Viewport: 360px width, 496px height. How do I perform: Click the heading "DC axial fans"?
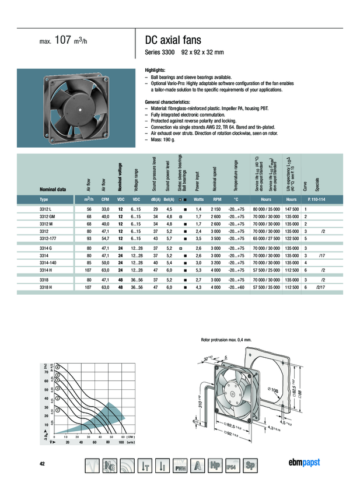(x=173, y=40)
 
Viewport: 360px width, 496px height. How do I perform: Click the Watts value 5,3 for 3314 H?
(x=198, y=270)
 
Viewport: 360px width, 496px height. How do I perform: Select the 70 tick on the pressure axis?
(x=46, y=371)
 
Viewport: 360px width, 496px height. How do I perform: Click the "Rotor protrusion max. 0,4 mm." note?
(x=226, y=339)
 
